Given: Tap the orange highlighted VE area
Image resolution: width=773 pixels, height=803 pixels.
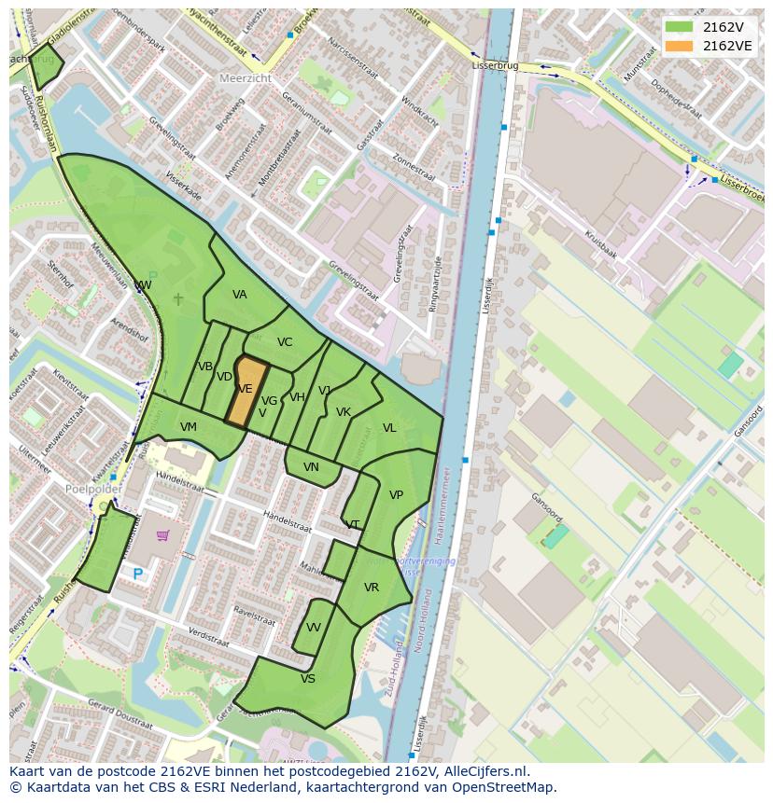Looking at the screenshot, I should [x=246, y=391].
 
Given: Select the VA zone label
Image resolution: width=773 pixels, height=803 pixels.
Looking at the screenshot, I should [x=240, y=295].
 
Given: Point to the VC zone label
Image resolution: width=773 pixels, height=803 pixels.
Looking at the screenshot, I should [x=285, y=342].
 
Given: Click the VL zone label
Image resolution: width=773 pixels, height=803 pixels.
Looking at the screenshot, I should [x=389, y=428].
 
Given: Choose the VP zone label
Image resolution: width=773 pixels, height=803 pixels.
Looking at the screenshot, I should [x=396, y=495].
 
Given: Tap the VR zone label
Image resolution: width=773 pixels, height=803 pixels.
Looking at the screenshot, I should [x=372, y=588].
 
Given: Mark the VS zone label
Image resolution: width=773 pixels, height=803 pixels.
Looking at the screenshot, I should [x=308, y=679].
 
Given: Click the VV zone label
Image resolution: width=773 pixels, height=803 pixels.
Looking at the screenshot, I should [x=314, y=628].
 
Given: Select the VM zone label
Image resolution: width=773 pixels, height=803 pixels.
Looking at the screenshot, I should [x=189, y=427].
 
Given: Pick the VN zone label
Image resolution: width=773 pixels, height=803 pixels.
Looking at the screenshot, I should [x=311, y=467].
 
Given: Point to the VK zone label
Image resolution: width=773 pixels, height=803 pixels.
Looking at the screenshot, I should [x=344, y=412].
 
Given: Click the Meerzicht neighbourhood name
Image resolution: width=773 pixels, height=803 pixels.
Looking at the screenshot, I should [x=246, y=79].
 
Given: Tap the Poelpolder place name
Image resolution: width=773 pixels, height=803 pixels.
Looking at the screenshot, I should [x=94, y=489].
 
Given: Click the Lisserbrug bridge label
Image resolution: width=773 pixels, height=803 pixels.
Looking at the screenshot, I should [x=495, y=67].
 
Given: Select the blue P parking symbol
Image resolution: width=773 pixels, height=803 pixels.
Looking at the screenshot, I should [x=138, y=575].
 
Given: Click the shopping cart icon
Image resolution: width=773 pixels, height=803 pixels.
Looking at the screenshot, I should [x=162, y=535].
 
